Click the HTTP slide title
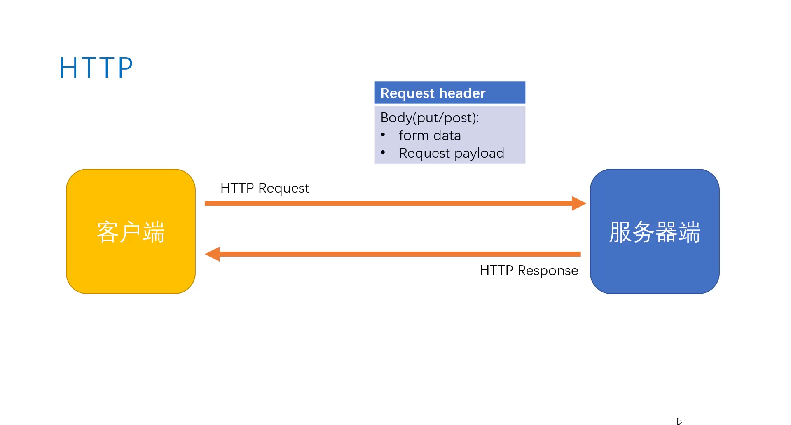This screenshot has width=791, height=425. [x=96, y=68]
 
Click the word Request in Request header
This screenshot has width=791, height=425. [x=407, y=93]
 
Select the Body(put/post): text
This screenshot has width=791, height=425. [x=429, y=118]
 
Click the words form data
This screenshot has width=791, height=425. [x=430, y=135]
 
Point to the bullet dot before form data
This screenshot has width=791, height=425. [x=383, y=135]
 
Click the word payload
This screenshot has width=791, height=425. [x=479, y=154]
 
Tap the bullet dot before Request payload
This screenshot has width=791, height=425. [x=383, y=152]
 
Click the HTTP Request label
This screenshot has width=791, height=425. [x=264, y=188]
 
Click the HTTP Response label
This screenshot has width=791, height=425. [x=529, y=271]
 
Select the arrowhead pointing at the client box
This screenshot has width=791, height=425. [x=213, y=254]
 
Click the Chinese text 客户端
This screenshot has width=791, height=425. [x=131, y=232]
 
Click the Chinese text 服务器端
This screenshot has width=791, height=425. [x=654, y=232]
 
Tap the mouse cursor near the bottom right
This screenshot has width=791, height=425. [x=679, y=421]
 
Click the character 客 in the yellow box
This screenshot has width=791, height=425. [x=108, y=232]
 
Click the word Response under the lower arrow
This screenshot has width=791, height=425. [x=548, y=271]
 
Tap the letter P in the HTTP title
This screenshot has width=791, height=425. [x=125, y=68]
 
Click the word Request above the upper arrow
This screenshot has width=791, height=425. [x=283, y=189]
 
